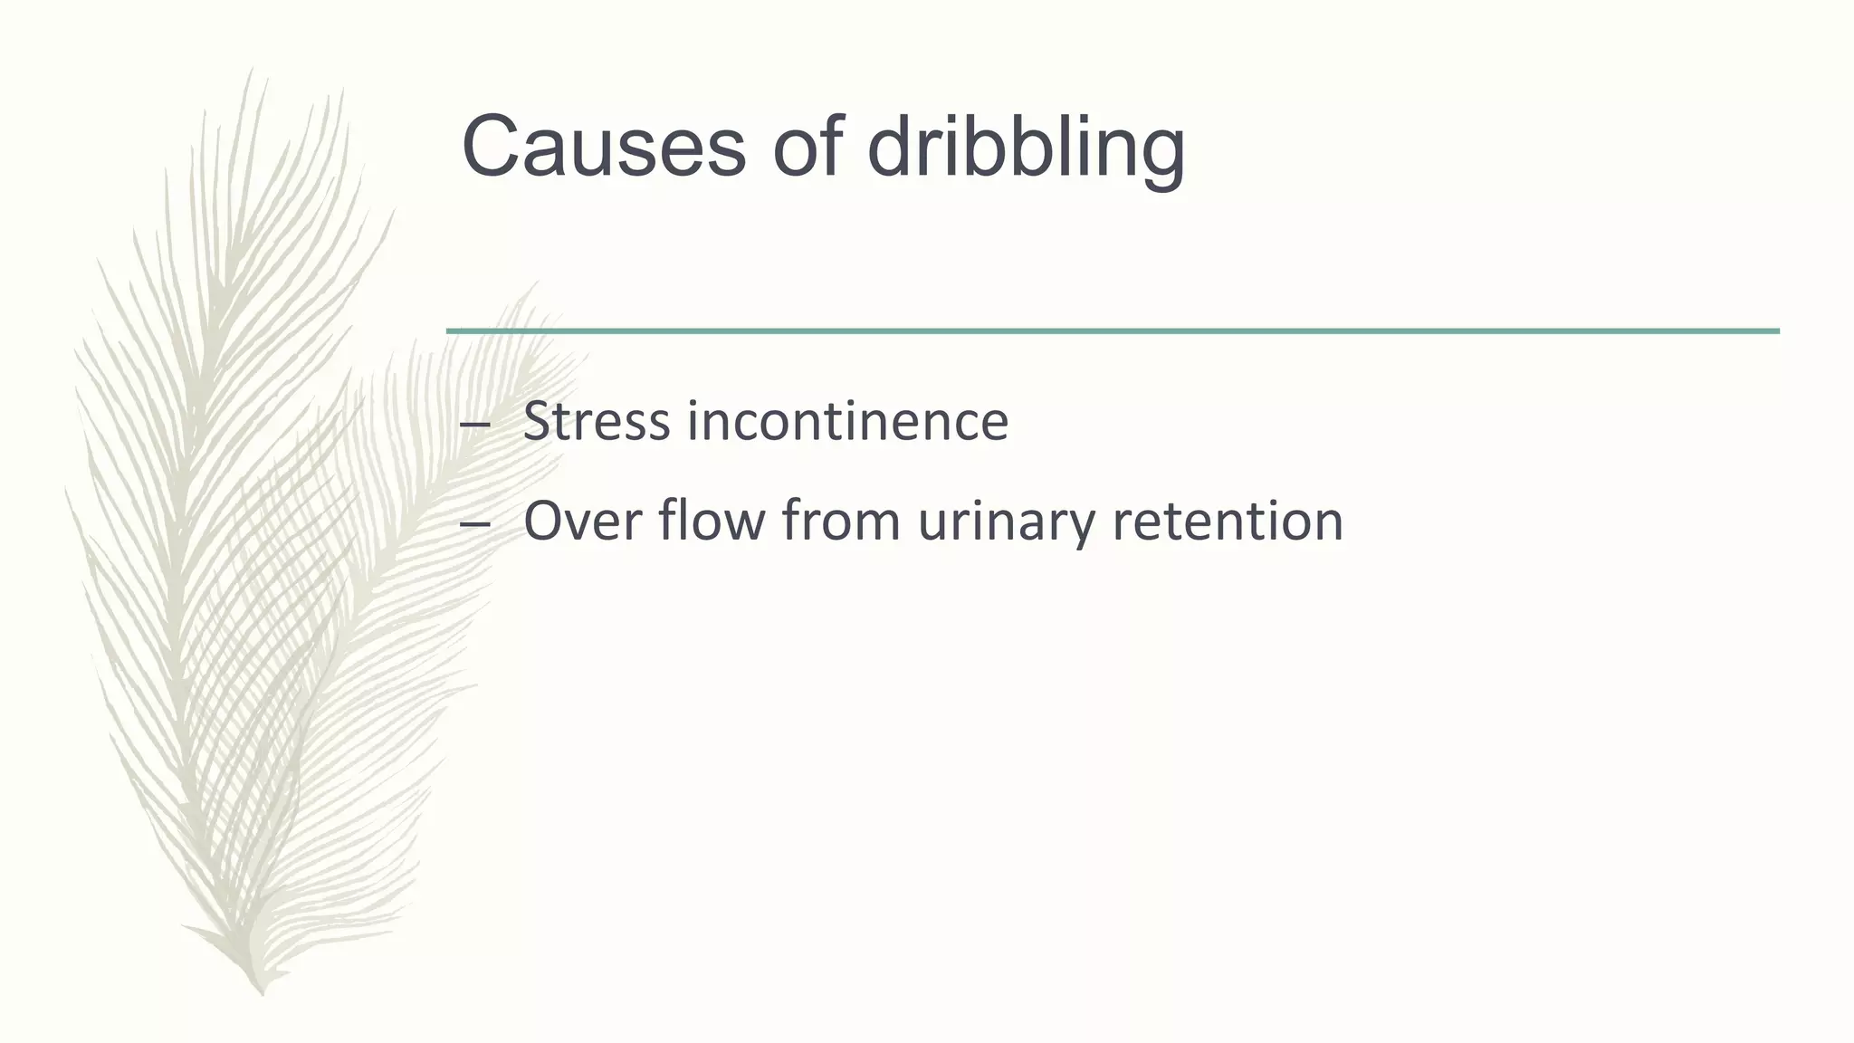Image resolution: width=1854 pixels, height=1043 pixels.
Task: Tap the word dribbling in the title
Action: (x=1026, y=147)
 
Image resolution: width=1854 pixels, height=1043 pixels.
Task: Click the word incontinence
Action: (x=847, y=422)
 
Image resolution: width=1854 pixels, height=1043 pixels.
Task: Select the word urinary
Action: (x=1006, y=523)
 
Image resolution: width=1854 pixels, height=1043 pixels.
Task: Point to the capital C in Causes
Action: (x=492, y=147)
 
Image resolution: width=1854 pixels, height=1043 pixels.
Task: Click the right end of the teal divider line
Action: (x=1776, y=331)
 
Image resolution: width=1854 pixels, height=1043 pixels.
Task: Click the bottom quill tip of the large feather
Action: (x=262, y=992)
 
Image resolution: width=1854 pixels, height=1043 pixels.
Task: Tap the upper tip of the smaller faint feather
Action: (x=534, y=283)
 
